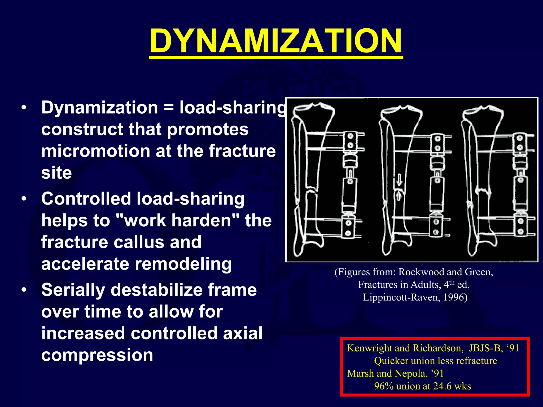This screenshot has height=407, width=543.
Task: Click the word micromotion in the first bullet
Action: tap(96, 151)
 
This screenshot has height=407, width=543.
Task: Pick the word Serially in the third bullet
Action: tap(73, 290)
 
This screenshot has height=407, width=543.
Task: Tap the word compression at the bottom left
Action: tap(97, 355)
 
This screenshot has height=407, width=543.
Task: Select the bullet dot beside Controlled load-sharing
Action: tap(24, 199)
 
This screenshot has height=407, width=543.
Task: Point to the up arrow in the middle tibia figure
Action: tap(399, 196)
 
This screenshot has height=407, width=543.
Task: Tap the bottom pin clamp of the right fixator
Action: tap(520, 226)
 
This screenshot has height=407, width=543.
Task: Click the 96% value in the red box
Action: tap(384, 386)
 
